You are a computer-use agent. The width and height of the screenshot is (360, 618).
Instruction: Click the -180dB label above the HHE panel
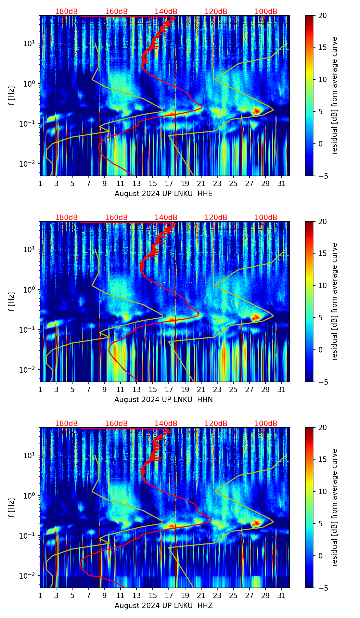(65, 12)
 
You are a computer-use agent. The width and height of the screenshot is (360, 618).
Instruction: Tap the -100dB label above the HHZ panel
(265, 424)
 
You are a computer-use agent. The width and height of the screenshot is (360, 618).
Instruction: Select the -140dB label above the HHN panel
(165, 218)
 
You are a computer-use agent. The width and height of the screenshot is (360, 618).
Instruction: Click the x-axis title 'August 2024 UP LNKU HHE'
(163, 194)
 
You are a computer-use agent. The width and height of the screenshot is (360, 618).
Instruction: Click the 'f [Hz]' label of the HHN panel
(11, 301)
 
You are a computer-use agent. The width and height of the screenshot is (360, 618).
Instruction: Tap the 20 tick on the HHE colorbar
(323, 15)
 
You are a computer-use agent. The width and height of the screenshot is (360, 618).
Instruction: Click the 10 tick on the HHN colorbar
(323, 285)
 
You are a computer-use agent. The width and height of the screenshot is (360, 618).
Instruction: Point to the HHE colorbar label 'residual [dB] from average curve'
(335, 95)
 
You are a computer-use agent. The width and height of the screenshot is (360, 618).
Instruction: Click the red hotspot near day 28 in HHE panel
(256, 111)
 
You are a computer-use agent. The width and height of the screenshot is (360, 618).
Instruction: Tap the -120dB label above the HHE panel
(215, 12)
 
